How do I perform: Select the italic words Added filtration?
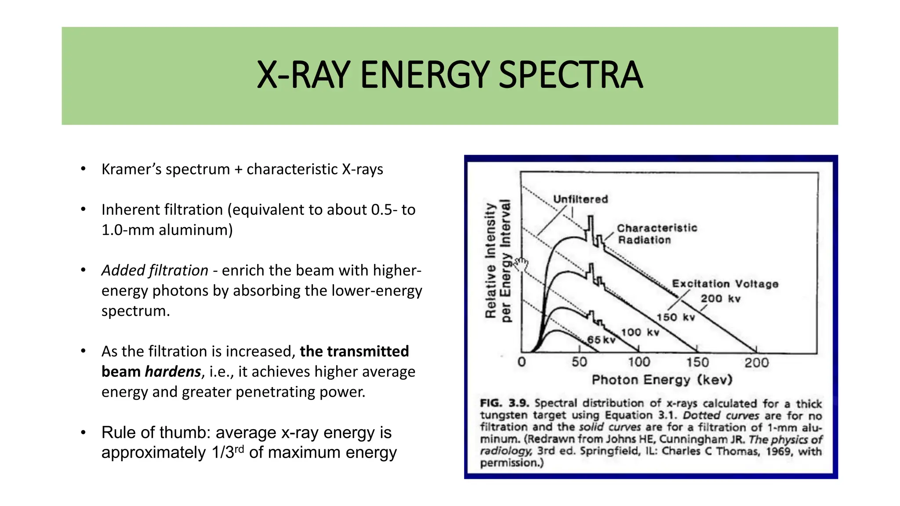155,271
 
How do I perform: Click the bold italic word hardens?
173,372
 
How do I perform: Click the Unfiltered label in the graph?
580,199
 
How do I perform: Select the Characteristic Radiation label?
657,234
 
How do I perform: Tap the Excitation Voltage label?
725,284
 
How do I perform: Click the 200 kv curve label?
720,299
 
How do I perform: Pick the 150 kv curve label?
675,317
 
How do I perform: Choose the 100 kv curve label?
640,333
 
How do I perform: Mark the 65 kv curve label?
601,340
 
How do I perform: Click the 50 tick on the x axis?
579,362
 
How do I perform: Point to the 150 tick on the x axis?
697,362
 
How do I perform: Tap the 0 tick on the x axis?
522,362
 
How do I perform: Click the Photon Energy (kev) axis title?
662,380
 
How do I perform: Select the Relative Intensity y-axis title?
490,261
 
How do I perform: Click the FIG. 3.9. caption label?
504,403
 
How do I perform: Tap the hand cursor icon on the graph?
521,265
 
